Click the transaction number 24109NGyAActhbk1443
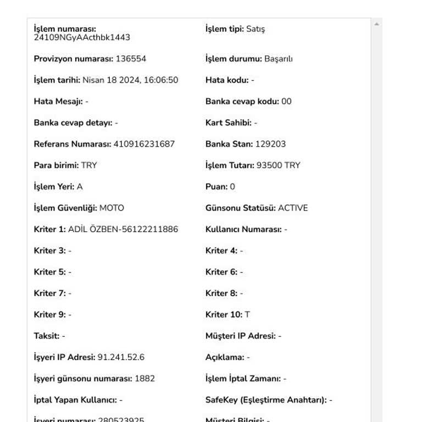tap(82, 38)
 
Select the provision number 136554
tap(131, 59)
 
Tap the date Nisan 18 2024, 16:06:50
tap(130, 80)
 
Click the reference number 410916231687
tap(144, 144)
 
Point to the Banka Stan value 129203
tap(270, 144)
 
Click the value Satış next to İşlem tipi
tap(256, 29)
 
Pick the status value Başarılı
tap(279, 59)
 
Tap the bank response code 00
tap(286, 102)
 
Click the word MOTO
tap(112, 208)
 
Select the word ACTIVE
tap(293, 208)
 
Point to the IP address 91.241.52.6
tap(121, 358)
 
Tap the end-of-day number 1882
tap(145, 379)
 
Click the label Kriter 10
tap(224, 315)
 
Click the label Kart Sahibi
tap(228, 123)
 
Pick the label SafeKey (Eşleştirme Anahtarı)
tap(266, 400)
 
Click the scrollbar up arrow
tap(376, 24)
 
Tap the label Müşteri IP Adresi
tap(240, 336)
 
